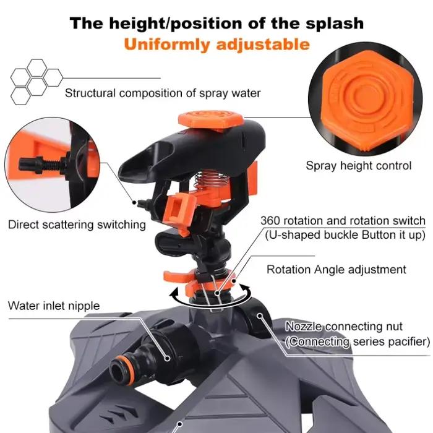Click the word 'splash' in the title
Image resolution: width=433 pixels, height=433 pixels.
tap(335, 24)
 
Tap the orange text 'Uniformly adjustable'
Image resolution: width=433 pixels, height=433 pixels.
tap(216, 45)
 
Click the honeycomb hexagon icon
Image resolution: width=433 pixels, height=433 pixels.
tap(36, 82)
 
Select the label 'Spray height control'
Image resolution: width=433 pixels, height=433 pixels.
tap(358, 166)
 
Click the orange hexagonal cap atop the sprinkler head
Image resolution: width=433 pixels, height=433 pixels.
tap(210, 121)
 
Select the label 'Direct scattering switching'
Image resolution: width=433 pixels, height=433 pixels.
tap(77, 225)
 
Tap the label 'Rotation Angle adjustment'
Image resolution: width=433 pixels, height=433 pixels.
tap(337, 270)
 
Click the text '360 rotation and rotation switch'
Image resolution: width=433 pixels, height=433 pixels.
tap(343, 221)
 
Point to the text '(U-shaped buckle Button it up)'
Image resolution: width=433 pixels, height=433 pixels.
tap(345, 235)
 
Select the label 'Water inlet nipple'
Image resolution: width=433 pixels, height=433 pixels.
tap(54, 306)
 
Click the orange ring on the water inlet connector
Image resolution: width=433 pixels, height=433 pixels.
tap(126, 371)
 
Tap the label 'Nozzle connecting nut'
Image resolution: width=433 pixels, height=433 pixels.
tap(344, 327)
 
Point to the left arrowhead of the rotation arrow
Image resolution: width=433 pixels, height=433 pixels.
tap(174, 293)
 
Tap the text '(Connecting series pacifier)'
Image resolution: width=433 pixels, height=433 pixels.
tap(358, 342)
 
